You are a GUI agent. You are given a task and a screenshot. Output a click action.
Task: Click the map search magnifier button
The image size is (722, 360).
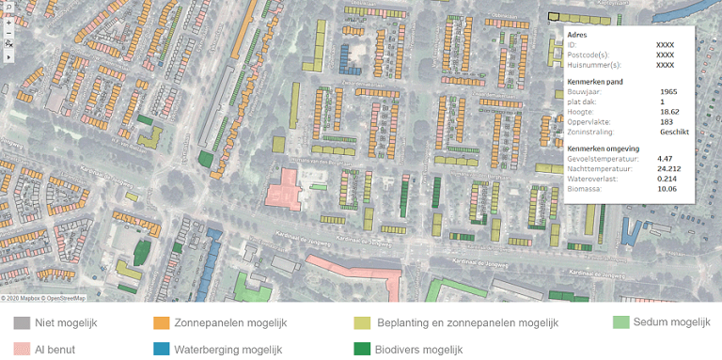[8, 6]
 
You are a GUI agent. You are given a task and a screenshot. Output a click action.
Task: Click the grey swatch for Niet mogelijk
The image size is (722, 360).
[22, 323]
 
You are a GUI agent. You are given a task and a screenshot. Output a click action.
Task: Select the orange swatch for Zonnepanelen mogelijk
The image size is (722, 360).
[161, 323]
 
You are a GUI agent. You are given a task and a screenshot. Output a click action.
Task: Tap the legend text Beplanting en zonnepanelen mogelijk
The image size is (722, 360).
[467, 323]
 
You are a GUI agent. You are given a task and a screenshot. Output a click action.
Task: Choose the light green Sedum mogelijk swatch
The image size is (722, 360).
[620, 322]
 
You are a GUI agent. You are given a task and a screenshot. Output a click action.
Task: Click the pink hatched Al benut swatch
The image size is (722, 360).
[22, 349]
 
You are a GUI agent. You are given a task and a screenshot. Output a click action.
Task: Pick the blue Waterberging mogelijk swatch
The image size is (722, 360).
[161, 349]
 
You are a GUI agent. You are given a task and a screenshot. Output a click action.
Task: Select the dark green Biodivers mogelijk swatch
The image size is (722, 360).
[362, 349]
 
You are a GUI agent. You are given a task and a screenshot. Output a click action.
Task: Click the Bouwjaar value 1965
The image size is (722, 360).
[668, 91]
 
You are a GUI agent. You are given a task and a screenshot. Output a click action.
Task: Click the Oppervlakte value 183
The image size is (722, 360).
[667, 122]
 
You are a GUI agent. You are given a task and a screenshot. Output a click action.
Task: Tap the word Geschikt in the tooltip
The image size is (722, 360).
[674, 133]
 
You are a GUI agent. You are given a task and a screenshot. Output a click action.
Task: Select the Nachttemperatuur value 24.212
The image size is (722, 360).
[669, 168]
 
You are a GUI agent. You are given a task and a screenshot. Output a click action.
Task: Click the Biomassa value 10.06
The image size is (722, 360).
[667, 189]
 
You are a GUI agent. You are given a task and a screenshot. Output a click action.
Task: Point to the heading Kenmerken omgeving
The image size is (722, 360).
[604, 149]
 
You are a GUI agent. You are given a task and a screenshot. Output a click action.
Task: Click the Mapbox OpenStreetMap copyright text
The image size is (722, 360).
[43, 298]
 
